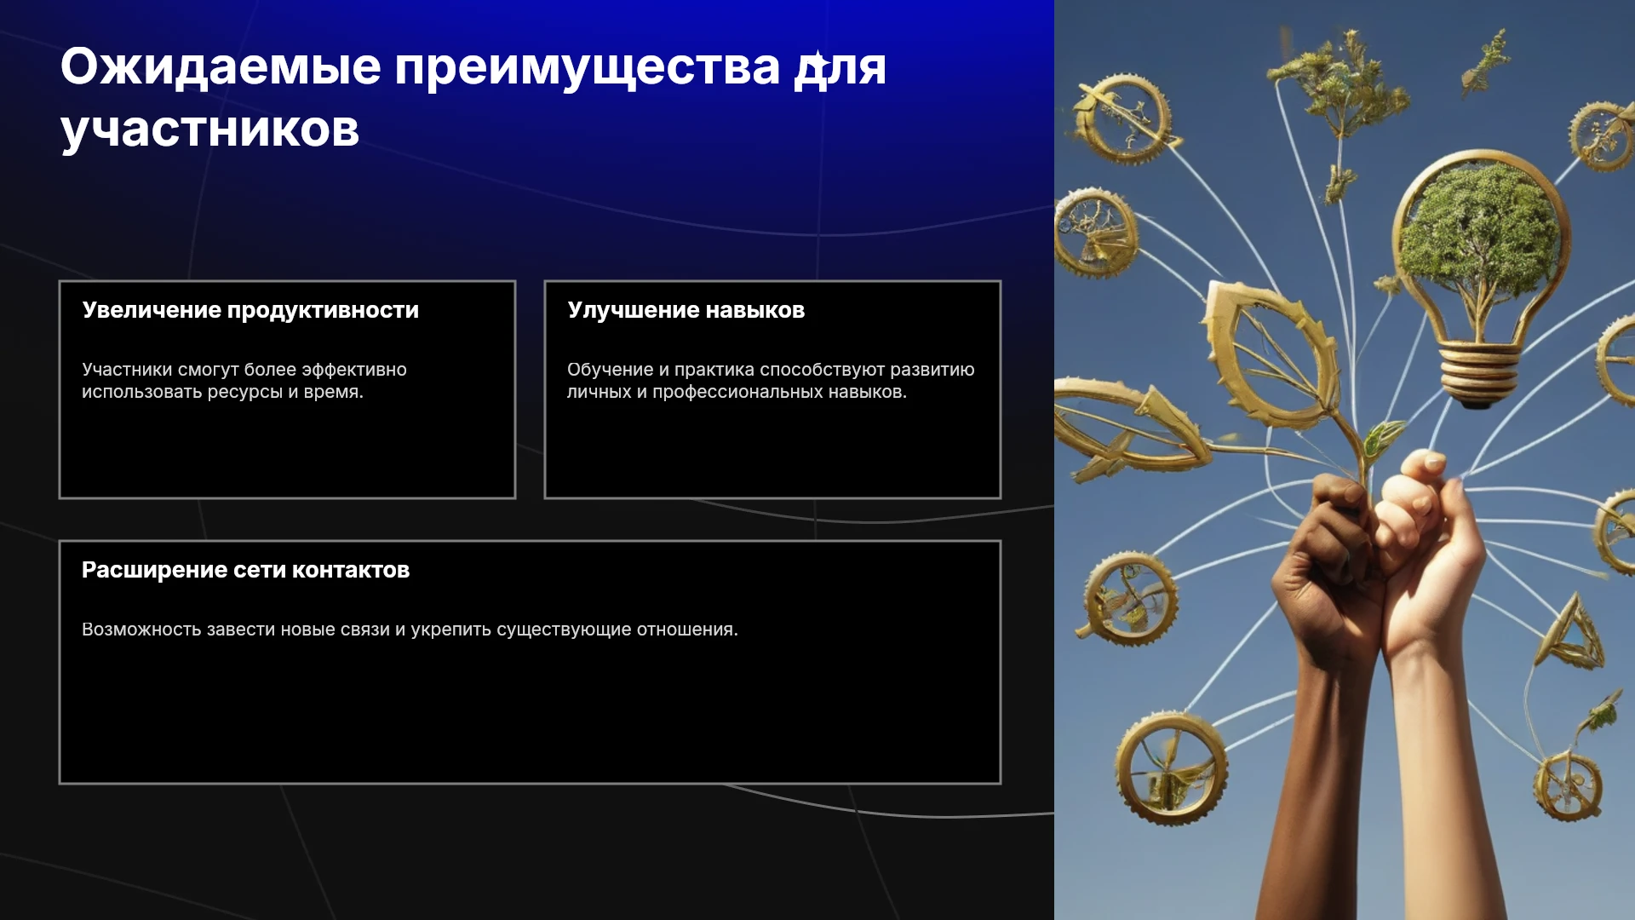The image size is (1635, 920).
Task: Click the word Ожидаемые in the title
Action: (x=221, y=66)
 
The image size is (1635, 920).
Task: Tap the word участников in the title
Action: (x=209, y=130)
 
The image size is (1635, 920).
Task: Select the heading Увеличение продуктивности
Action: (x=250, y=310)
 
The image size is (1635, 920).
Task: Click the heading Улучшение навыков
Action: (x=686, y=310)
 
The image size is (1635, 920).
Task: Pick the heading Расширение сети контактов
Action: (x=245, y=570)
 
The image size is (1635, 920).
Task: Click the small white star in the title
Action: (x=817, y=63)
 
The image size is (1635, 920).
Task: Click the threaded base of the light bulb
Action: (x=1477, y=371)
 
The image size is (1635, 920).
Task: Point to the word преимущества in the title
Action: (x=587, y=66)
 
